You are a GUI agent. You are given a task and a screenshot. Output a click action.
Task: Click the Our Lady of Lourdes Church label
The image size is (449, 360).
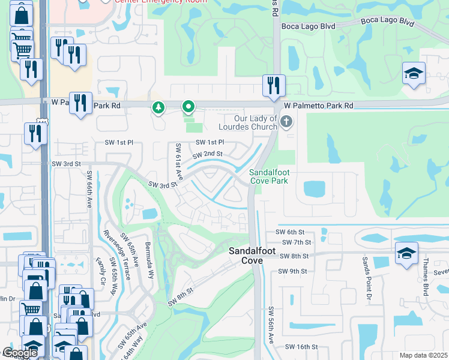pyautogui.click(x=248, y=123)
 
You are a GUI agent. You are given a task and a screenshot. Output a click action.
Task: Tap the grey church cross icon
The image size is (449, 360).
pyautogui.click(x=287, y=122)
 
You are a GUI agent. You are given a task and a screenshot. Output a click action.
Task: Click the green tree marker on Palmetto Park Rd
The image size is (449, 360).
pyautogui.click(x=158, y=107)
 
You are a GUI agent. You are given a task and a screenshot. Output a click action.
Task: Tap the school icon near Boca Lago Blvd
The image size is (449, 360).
pyautogui.click(x=414, y=74)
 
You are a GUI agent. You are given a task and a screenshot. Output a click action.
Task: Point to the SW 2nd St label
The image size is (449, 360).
pyautogui.click(x=207, y=154)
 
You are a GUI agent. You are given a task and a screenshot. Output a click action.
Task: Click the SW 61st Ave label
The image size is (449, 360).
pyautogui.click(x=178, y=161)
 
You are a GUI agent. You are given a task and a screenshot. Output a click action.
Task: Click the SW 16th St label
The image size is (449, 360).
pyautogui.click(x=301, y=347)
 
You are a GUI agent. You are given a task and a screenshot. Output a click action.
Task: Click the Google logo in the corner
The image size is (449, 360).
pyautogui.click(x=20, y=353)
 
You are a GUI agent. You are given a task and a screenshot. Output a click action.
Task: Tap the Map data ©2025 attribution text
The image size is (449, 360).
pyautogui.click(x=423, y=355)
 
